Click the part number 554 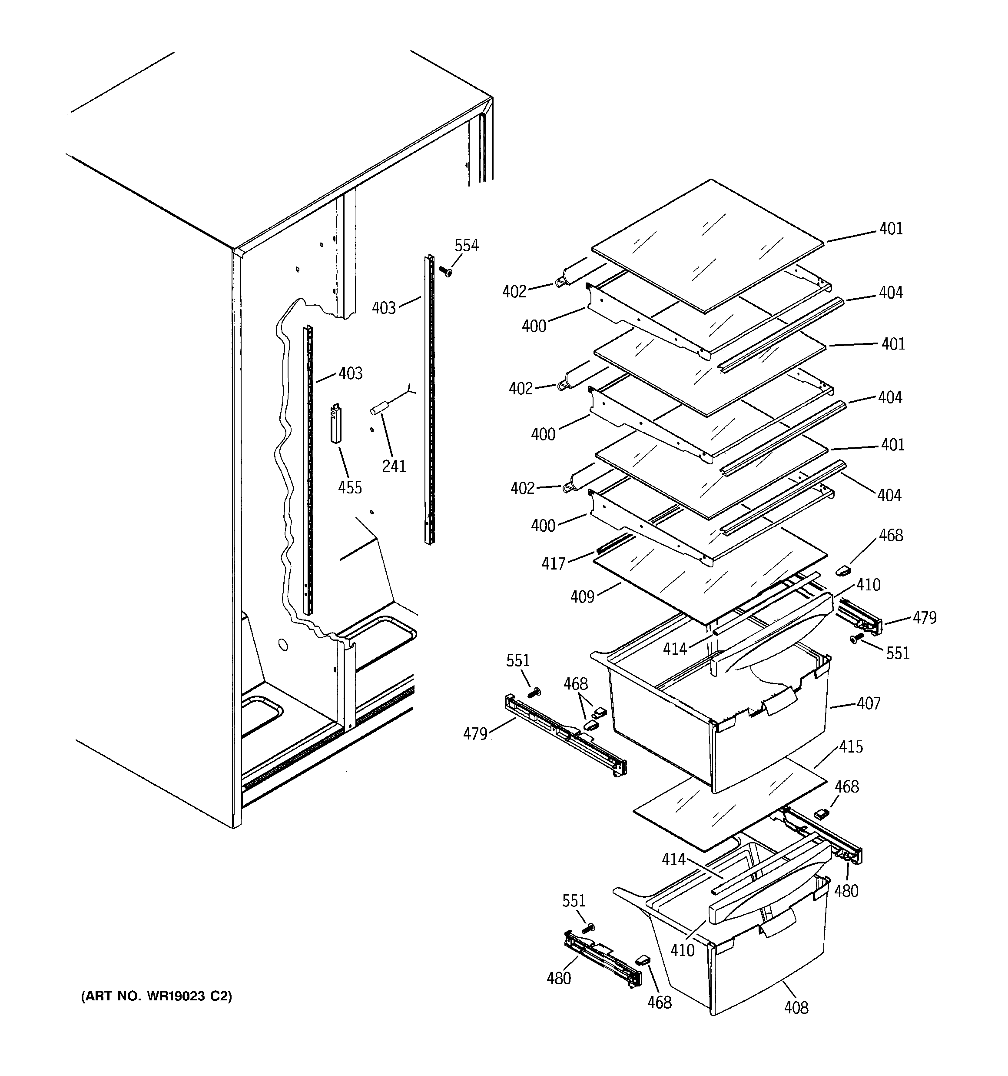point(466,246)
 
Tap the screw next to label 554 point(445,271)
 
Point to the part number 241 point(394,466)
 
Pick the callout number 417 point(553,564)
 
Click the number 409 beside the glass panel point(582,597)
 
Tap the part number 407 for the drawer point(869,703)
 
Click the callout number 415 point(851,747)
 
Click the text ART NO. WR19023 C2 point(156,996)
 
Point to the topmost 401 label point(891,229)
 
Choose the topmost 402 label point(514,292)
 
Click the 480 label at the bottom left point(558,979)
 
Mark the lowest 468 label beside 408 point(659,1003)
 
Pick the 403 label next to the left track point(350,373)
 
